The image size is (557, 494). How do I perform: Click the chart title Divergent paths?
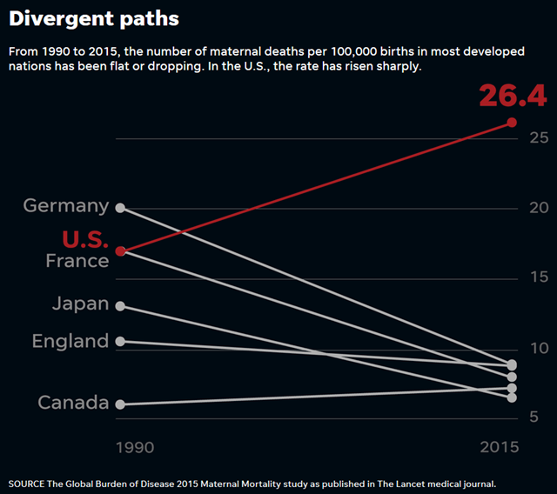pyautogui.click(x=95, y=18)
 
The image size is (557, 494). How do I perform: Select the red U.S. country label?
pyautogui.click(x=84, y=240)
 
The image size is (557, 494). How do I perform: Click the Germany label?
pyautogui.click(x=66, y=206)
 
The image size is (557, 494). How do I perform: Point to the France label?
pyautogui.click(x=77, y=261)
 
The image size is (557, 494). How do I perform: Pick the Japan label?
pyautogui.click(x=80, y=304)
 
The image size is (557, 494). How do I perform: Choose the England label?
pyautogui.click(x=70, y=341)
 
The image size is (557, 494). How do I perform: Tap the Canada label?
pyautogui.click(x=73, y=403)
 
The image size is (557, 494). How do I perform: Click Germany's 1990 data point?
pyautogui.click(x=120, y=208)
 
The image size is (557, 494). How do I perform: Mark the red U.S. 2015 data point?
pyautogui.click(x=512, y=123)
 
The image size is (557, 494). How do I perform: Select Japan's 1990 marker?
pyautogui.click(x=120, y=306)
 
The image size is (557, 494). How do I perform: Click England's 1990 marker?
pyautogui.click(x=120, y=341)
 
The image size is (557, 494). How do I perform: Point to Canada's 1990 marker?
pyautogui.click(x=120, y=404)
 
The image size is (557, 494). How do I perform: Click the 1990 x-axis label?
pyautogui.click(x=135, y=447)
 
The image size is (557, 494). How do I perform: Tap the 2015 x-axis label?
pyautogui.click(x=499, y=447)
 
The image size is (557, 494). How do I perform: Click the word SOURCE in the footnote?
pyautogui.click(x=29, y=483)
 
